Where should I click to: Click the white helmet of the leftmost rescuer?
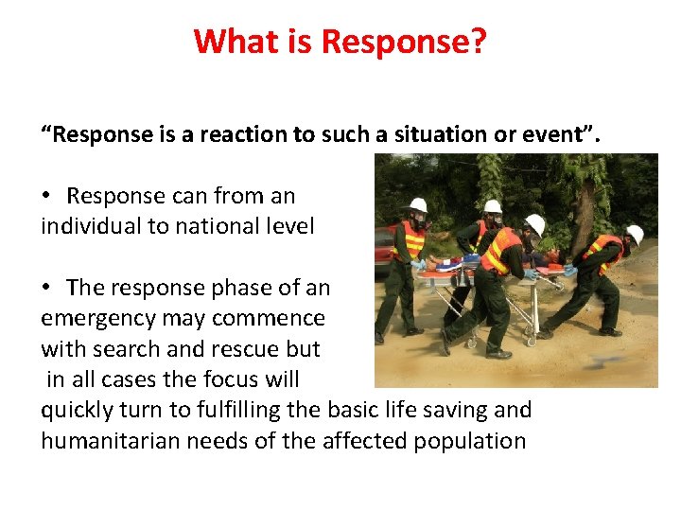pos(414,205)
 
